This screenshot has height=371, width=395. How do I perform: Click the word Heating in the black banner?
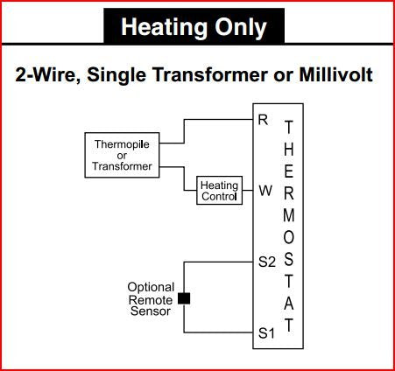click(x=165, y=28)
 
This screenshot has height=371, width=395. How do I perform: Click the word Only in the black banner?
click(x=241, y=28)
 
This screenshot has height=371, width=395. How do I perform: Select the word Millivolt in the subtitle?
click(x=336, y=74)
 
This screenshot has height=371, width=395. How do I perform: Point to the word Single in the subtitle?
click(x=116, y=75)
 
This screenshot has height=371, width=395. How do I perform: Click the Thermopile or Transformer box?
click(x=122, y=155)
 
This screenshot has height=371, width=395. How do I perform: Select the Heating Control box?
click(x=219, y=190)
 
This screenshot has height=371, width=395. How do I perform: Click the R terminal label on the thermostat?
click(x=263, y=120)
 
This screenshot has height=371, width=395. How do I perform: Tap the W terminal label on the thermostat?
click(x=265, y=191)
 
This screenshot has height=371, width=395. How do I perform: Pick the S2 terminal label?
click(x=267, y=262)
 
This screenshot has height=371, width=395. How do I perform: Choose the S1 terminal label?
click(x=266, y=332)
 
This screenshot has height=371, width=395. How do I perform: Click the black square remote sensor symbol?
click(x=184, y=298)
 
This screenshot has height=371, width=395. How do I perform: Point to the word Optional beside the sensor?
click(x=151, y=288)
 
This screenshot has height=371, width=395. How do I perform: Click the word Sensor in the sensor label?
click(x=151, y=311)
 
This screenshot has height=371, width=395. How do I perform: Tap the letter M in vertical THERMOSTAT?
click(x=289, y=215)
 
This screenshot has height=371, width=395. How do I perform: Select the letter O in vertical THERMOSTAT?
click(x=289, y=238)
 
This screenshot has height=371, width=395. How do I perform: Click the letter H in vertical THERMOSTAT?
click(x=289, y=149)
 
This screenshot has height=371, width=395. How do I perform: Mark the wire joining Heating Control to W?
click(x=248, y=191)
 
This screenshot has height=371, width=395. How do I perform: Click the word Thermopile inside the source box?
click(x=122, y=144)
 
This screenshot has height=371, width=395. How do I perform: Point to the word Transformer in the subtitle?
click(x=209, y=74)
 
